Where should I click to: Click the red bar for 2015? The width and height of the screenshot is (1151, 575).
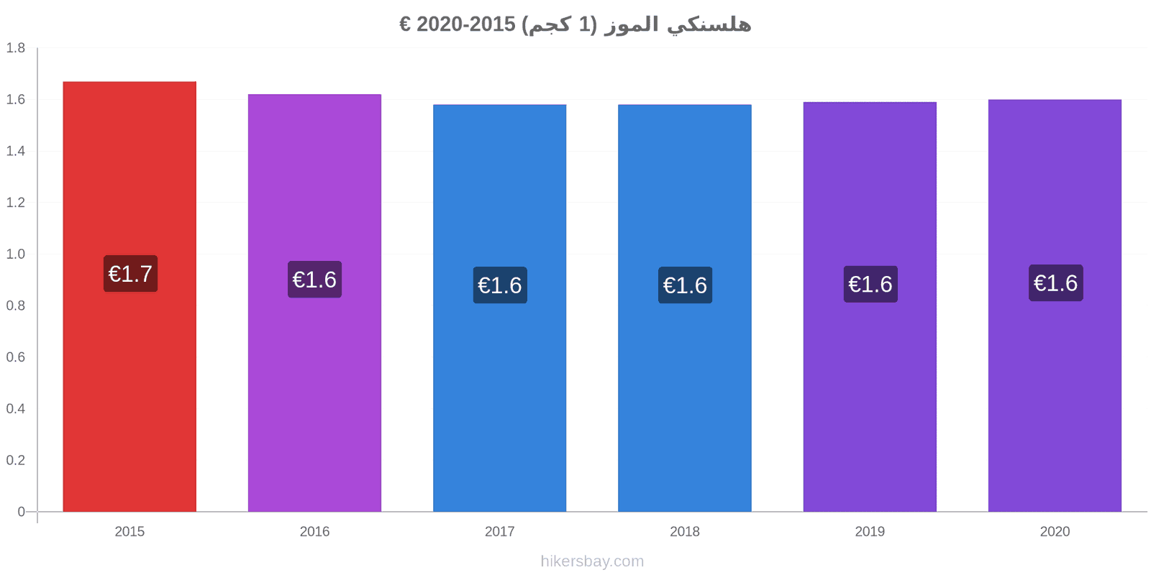pos(129,296)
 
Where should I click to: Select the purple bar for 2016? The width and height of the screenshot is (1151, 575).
pos(314,303)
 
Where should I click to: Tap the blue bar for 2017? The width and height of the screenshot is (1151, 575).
pos(499,308)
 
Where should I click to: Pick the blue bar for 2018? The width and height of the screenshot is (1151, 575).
pos(684,308)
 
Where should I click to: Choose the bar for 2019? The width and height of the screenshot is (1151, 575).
pos(870,306)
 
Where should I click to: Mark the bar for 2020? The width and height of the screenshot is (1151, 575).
pos(1055,305)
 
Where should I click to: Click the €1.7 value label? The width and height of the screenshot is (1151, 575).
pos(130,274)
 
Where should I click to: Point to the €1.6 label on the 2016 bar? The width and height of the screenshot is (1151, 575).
pos(314,280)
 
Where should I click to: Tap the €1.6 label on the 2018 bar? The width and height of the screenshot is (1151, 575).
pos(685,285)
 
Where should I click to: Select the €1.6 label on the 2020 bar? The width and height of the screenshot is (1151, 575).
pos(1056,283)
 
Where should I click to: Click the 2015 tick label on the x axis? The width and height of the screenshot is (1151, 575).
pos(129,531)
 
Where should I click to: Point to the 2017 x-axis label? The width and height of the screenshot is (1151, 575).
pos(499,531)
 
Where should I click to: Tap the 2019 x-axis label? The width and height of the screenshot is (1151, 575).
pos(870,531)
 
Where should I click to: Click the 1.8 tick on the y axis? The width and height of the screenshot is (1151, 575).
pos(15,47)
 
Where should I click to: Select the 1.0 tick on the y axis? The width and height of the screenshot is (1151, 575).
pos(15,254)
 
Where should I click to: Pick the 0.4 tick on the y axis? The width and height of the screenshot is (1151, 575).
pos(15,409)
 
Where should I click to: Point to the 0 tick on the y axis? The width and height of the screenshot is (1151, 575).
pos(21,511)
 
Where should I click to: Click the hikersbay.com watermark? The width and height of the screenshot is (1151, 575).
pos(592,561)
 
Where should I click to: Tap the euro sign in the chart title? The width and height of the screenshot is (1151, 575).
pos(405,24)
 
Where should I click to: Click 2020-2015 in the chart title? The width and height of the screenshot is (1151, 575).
pos(465,24)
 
